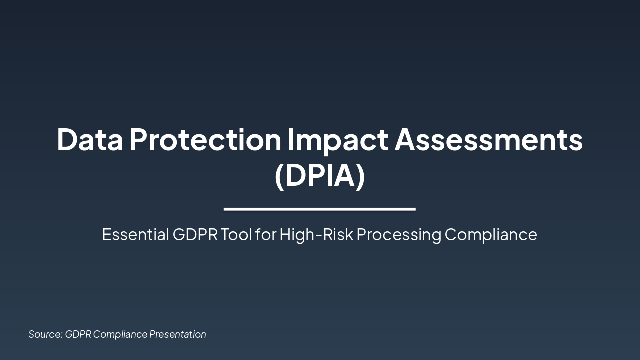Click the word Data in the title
pos(89,140)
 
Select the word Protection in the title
pos(205,140)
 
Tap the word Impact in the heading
pos(337,140)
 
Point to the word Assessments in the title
pos(488,140)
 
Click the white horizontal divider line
pos(320,209)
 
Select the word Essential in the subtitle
pos(135,234)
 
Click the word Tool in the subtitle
pos(236,234)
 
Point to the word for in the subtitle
pos(265,234)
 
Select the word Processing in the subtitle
pos(399,234)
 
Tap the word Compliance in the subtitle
pos(491,234)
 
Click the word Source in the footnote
pos(45,334)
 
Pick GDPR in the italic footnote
pos(78,334)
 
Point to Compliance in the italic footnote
pos(120,334)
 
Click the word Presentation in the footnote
pos(178,334)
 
